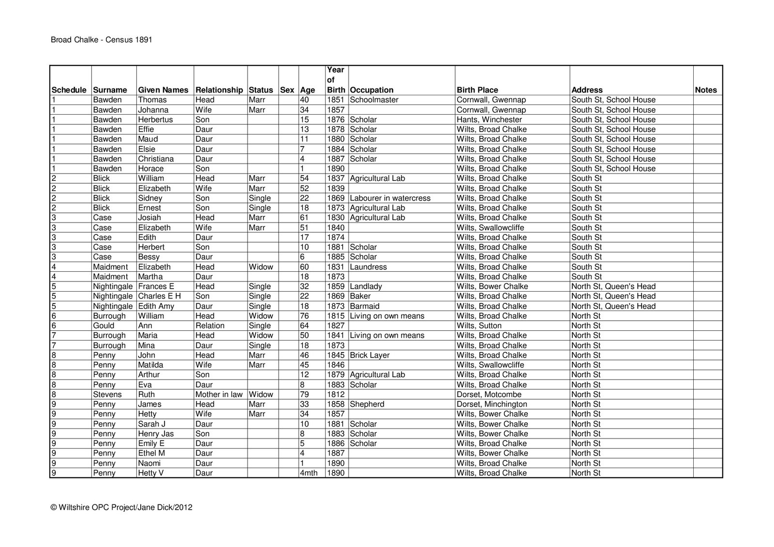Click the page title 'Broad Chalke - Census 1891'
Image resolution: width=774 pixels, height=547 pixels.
pyautogui.click(x=102, y=40)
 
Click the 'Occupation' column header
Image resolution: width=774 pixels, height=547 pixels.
pyautogui.click(x=372, y=90)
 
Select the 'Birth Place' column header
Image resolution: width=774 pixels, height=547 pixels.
pyautogui.click(x=477, y=90)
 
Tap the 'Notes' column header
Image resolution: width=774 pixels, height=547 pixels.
pyautogui.click(x=706, y=90)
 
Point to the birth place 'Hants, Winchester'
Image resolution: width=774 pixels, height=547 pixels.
pyautogui.click(x=489, y=119)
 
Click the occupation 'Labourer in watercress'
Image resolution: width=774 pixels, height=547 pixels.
pyautogui.click(x=390, y=198)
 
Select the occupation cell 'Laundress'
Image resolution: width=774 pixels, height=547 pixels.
pyautogui.click(x=368, y=266)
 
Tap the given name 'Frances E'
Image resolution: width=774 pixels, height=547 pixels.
pyautogui.click(x=156, y=286)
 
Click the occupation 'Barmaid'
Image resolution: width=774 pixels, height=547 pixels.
pyautogui.click(x=364, y=306)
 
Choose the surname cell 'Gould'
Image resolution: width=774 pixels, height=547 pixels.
pyautogui.click(x=104, y=325)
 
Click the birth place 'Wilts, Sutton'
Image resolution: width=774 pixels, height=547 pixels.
pyautogui.click(x=479, y=325)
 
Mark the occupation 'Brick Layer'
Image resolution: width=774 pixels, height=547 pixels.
pyautogui.click(x=370, y=355)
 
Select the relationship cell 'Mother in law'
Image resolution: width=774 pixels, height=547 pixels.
pyautogui.click(x=219, y=394)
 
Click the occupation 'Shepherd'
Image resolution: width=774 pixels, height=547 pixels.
pyautogui.click(x=367, y=404)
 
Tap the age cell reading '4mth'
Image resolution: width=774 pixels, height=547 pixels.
pyautogui.click(x=309, y=473)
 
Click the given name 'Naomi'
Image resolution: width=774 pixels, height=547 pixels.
pyautogui.click(x=149, y=463)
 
